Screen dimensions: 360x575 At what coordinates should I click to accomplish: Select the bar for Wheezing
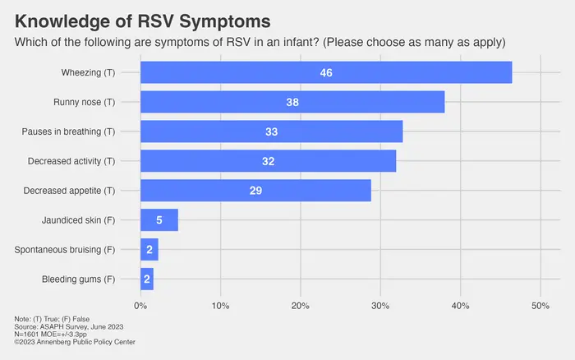pos(246,72)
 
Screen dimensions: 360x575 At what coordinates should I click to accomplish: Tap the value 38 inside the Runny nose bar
pos(292,102)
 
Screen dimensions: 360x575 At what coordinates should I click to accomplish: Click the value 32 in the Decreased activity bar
pos(268,161)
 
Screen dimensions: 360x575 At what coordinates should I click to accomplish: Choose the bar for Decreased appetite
pos(197,191)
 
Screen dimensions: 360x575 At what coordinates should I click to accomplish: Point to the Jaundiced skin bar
pos(159,220)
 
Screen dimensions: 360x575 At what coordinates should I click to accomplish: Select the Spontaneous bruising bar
pos(149,250)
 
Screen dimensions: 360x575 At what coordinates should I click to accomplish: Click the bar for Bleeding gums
pos(147,279)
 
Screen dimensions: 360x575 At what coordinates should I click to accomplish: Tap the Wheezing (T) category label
pos(88,73)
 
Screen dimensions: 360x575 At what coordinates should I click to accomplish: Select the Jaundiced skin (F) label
pos(78,220)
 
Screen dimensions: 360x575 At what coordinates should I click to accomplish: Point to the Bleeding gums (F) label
pos(78,279)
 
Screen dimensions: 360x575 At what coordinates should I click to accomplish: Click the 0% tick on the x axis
pos(140,306)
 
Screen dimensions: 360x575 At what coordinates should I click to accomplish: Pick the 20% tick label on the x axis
pos(301,306)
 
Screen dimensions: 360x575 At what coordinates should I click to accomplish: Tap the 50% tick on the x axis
pos(540,306)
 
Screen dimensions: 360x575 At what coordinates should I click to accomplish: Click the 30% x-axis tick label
pos(380,306)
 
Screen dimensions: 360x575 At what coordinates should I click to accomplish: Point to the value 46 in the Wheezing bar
pos(326,72)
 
